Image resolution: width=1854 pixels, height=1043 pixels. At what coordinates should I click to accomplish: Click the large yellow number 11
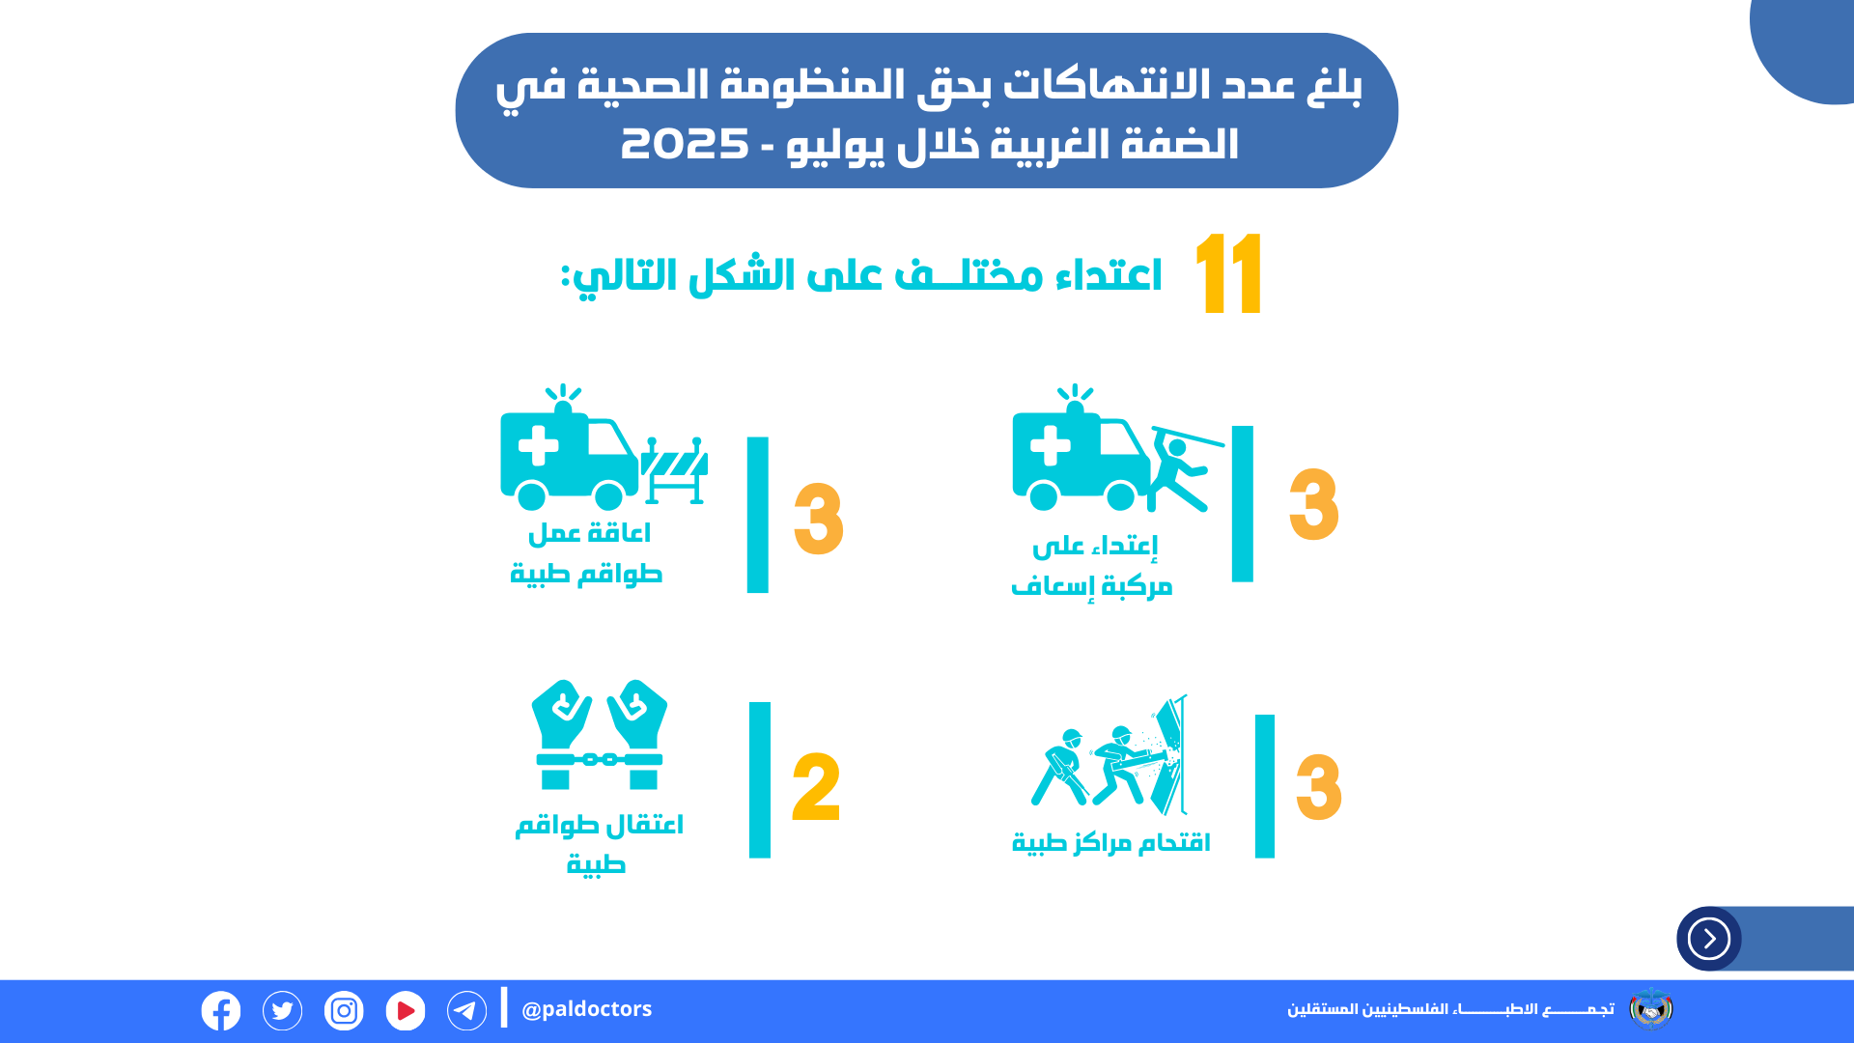pos(1228,273)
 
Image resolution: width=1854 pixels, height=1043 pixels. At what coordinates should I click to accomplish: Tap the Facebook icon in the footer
pos(221,1011)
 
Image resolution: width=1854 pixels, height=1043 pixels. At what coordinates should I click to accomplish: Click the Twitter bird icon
pos(282,1011)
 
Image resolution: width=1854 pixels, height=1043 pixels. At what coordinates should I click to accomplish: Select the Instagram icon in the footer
pos(344,1011)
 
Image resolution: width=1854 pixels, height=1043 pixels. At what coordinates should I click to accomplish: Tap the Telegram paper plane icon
pos(466,1011)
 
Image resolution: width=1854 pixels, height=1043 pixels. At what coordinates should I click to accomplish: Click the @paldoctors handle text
pos(586,1009)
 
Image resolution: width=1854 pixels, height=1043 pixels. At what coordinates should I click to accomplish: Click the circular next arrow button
pos(1709,939)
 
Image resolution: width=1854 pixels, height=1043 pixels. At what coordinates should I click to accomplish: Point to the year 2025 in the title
pos(685,144)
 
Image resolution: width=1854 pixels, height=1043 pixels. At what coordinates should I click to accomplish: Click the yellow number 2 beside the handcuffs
pos(816,787)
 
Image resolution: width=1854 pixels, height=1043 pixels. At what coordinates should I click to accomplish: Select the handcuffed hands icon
pos(600,735)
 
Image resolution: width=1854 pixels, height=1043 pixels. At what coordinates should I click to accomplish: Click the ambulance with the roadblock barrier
pos(604,447)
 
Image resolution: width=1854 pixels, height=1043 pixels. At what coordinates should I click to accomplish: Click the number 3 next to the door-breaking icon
pos(1319,787)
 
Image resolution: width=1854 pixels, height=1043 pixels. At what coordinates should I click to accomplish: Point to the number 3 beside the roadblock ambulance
pos(819,520)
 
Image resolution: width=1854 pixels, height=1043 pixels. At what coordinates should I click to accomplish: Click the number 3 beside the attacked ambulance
pos(1314,504)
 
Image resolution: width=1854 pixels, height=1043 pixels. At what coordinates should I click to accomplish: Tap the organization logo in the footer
pos(1651,1009)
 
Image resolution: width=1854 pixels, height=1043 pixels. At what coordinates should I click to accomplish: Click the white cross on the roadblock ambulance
pos(538,446)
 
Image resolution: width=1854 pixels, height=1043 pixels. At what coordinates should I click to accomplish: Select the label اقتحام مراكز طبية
pos(1110,843)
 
